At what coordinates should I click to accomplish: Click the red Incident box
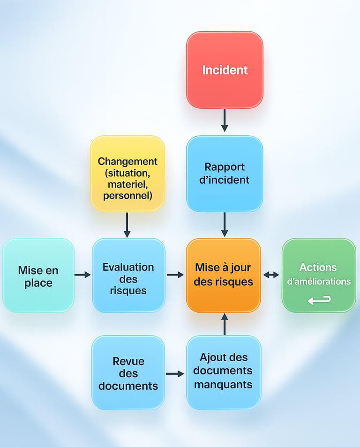(x=225, y=70)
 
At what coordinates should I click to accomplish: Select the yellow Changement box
(x=127, y=173)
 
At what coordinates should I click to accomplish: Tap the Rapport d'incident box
(x=225, y=173)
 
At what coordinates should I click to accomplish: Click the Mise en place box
(x=38, y=276)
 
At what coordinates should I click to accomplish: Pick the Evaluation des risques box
(x=128, y=276)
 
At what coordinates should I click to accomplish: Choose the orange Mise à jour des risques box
(x=224, y=276)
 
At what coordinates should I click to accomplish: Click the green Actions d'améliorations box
(x=319, y=276)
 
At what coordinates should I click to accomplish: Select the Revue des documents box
(x=128, y=373)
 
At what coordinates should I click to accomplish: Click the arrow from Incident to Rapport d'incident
(x=225, y=120)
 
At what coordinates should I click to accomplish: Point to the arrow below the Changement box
(x=127, y=225)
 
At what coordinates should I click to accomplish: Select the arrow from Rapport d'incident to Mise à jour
(x=225, y=225)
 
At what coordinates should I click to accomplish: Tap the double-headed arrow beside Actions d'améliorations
(x=271, y=275)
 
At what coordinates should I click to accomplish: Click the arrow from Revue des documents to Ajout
(x=175, y=374)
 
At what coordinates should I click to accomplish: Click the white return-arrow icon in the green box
(x=319, y=299)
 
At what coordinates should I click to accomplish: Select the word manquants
(x=223, y=385)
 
